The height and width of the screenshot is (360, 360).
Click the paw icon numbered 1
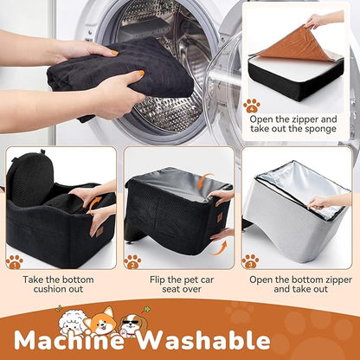click(x=15, y=262)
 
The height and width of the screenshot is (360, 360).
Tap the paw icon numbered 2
click(x=132, y=262)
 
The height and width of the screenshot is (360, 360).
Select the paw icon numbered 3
click(x=250, y=261)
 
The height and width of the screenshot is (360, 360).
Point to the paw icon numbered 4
click(x=252, y=106)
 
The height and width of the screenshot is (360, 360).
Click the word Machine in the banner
click(x=69, y=341)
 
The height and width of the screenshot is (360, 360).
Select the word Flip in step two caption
click(x=157, y=280)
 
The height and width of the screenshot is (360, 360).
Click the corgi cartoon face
click(x=102, y=320)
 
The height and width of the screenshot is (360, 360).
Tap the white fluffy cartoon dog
click(x=72, y=322)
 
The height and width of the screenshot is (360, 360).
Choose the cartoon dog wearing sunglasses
click(x=131, y=324)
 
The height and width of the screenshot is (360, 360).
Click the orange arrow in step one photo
click(x=94, y=204)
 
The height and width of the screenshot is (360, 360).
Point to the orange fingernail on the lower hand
click(x=140, y=74)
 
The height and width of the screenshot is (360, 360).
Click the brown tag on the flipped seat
click(x=220, y=217)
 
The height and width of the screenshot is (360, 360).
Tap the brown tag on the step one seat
click(x=100, y=232)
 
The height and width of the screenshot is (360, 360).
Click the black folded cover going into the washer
click(x=121, y=69)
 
